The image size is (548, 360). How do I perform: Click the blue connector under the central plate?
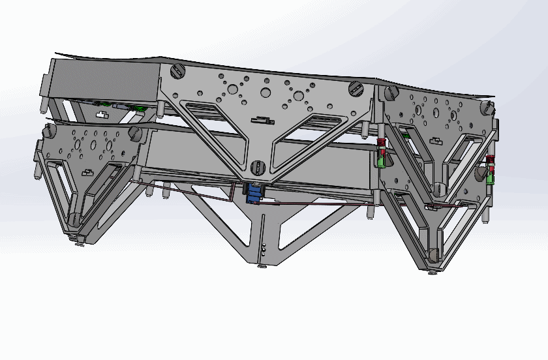252,194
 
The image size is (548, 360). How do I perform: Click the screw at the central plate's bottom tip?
256,167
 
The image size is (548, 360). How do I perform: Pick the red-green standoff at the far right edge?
491,172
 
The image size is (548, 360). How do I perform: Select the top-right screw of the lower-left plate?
136,133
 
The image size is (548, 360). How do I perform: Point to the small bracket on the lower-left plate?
89,173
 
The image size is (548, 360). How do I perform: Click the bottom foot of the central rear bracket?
262,265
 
